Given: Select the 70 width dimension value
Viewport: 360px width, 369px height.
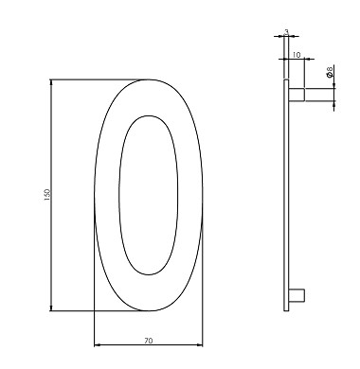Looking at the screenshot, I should click(x=149, y=337).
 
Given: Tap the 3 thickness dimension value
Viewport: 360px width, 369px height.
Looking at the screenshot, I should click(x=286, y=33).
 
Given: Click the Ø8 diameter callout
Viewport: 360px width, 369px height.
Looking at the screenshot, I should click(x=329, y=72).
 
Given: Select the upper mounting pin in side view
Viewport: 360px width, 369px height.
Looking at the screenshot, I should click(x=297, y=95).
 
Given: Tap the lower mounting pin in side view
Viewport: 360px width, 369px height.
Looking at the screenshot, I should click(x=296, y=297).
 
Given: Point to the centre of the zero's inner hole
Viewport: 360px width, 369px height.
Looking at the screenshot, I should click(x=149, y=196).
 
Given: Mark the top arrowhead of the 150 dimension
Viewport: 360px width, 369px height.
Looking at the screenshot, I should click(x=50, y=83).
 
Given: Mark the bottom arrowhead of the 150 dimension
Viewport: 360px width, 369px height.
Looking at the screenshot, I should click(x=50, y=308).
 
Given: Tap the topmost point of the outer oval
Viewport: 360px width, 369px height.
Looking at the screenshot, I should click(x=149, y=79).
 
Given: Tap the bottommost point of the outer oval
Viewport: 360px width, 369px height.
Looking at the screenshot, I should click(x=149, y=312).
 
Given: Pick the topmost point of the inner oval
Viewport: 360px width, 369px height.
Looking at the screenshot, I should click(x=149, y=115).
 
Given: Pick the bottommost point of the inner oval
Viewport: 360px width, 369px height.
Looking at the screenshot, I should click(x=149, y=277).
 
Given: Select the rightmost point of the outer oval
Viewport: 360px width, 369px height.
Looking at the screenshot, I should click(x=203, y=196).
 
